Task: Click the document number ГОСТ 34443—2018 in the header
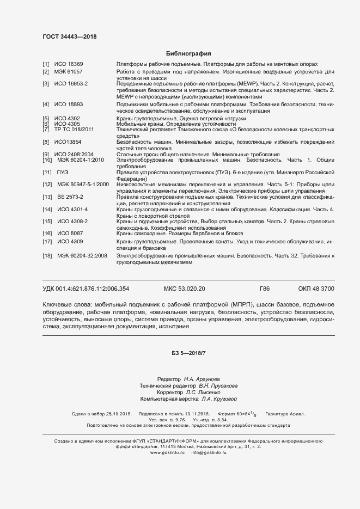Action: pyautogui.click(x=69, y=37)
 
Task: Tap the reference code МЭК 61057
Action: pyautogui.click(x=68, y=72)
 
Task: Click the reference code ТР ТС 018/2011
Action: pyautogui.click(x=74, y=130)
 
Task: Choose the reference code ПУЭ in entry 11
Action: pyautogui.click(x=62, y=172)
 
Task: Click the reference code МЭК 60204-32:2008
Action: pyautogui.click(x=81, y=255)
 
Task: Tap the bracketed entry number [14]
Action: pyautogui.click(x=47, y=209)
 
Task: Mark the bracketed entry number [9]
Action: pyautogui.click(x=46, y=155)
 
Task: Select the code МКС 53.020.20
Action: pyautogui.click(x=184, y=289)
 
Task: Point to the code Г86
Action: pyautogui.click(x=265, y=289)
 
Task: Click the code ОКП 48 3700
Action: pyautogui.click(x=316, y=289)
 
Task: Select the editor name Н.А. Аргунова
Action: pyautogui.click(x=202, y=379)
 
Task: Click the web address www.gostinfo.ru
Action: pyautogui.click(x=168, y=452)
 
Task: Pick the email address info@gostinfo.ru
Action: pyautogui.click(x=209, y=452)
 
